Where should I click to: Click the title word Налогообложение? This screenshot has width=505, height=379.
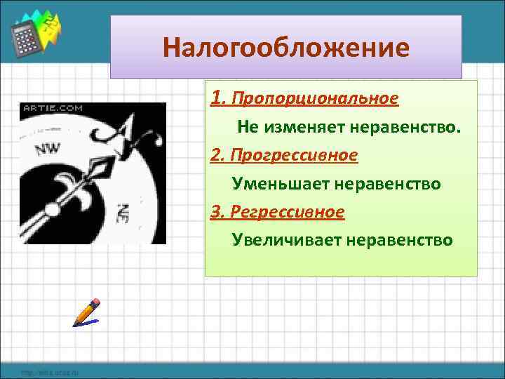point(285,48)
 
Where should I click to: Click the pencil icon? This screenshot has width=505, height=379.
point(88,312)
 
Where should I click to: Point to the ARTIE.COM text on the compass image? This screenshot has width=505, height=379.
point(53,108)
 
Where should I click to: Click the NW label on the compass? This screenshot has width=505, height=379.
point(47,149)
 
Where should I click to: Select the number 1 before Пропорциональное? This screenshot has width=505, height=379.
point(216,98)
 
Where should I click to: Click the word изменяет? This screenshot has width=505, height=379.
point(299,127)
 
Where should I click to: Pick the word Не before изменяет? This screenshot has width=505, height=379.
point(248,127)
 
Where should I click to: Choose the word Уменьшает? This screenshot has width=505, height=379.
point(280,184)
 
